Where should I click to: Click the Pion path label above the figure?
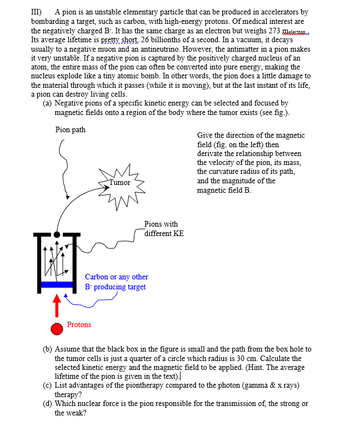(x=71, y=129)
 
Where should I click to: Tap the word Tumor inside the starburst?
(x=119, y=183)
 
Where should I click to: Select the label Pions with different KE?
(x=163, y=229)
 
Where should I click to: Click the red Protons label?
(x=79, y=324)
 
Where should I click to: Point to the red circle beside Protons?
(x=57, y=329)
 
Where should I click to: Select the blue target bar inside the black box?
(x=57, y=284)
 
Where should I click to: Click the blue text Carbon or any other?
(x=116, y=277)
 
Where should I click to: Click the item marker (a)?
(x=47, y=103)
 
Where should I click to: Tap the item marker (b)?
(x=48, y=349)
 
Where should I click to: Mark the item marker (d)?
(x=48, y=403)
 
